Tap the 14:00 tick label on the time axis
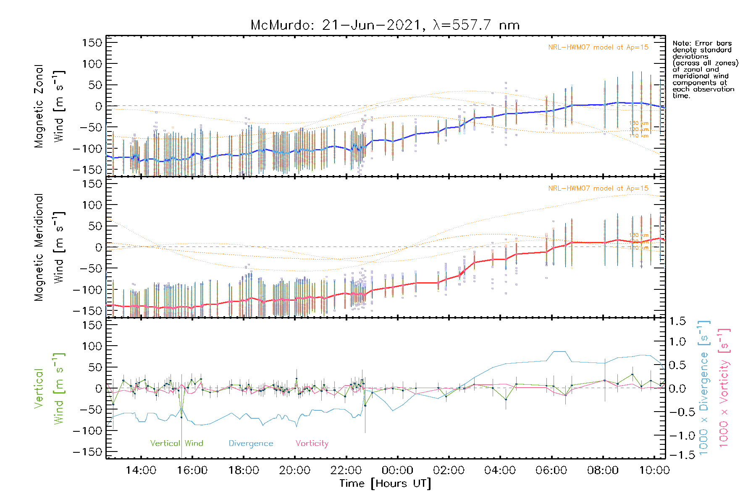click(x=141, y=470)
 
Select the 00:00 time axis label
click(x=397, y=470)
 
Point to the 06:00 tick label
click(x=551, y=470)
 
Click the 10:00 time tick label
click(x=654, y=470)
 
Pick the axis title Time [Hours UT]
click(x=385, y=483)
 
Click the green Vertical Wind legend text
click(x=176, y=444)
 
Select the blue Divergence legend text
click(x=251, y=444)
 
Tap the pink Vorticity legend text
click(x=312, y=444)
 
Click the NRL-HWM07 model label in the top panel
click(x=598, y=47)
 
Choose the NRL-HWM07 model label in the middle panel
click(x=598, y=189)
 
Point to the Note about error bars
click(x=705, y=69)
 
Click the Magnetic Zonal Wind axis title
click(x=50, y=106)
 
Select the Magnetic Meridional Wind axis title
click(x=50, y=247)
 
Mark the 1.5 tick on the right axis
click(x=677, y=321)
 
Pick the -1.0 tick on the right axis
click(x=677, y=435)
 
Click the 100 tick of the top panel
click(x=92, y=64)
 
